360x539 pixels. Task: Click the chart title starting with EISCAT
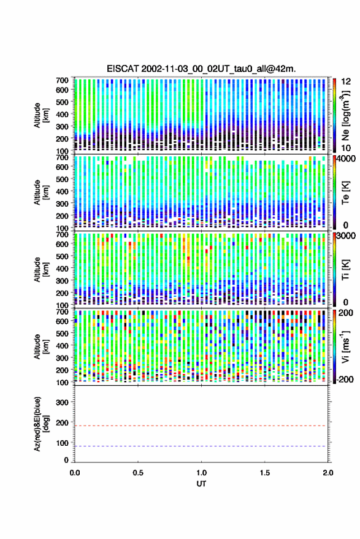coord(201,69)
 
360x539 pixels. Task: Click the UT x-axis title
coord(201,484)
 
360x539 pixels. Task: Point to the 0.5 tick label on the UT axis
coord(138,473)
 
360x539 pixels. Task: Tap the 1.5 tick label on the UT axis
coord(264,473)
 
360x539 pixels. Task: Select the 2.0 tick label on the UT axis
coord(328,473)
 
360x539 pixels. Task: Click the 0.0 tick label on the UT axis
coord(75,473)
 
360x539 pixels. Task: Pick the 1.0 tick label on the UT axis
coord(202,473)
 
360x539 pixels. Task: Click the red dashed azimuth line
coord(201,426)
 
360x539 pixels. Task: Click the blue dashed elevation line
coord(201,446)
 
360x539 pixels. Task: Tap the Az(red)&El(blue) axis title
coord(41,424)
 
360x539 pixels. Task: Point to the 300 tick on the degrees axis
coord(62,402)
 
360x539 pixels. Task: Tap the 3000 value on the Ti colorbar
coord(346,236)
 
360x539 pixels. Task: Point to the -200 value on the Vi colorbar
coord(345,380)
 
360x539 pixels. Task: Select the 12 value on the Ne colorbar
coord(346,82)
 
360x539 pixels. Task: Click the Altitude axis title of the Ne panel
coord(41,115)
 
